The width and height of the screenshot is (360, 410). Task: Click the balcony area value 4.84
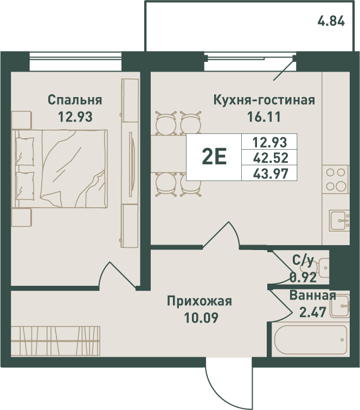point(331,21)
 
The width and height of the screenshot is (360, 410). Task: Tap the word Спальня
point(75,100)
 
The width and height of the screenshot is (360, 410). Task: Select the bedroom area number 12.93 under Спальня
point(75,117)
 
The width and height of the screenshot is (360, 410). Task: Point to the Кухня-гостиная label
point(264,100)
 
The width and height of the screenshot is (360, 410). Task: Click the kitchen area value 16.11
point(264,117)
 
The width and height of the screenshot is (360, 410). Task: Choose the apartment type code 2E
point(214,157)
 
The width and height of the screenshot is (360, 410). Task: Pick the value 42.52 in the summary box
point(271,158)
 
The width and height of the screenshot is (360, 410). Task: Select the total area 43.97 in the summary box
point(271,174)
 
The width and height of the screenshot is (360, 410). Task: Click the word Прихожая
point(199,301)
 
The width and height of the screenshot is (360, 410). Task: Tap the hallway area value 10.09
point(201,318)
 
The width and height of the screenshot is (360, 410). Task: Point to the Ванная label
point(313,296)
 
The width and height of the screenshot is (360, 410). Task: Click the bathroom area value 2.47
point(313,312)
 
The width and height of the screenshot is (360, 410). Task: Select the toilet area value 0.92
point(303,277)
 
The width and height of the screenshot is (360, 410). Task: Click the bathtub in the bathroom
point(311,339)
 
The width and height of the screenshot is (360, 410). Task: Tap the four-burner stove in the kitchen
point(336,180)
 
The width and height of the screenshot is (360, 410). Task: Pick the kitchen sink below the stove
point(339,221)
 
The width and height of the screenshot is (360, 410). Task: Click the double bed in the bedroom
point(60,169)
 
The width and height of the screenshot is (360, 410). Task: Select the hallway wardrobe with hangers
point(55,341)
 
